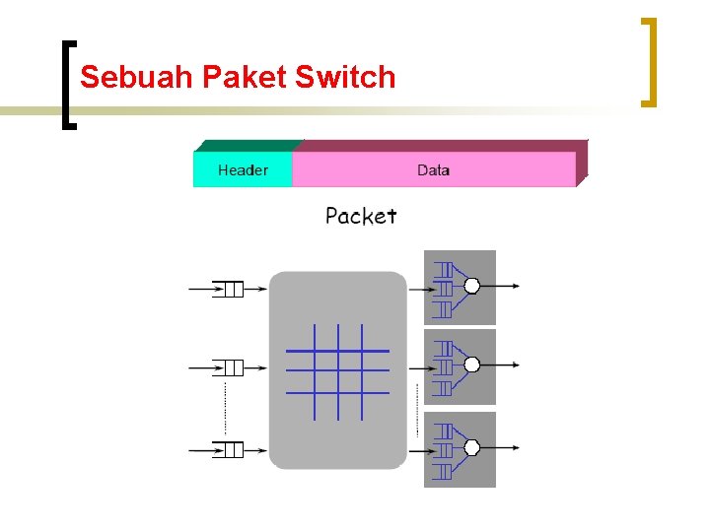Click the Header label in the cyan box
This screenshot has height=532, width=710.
[x=243, y=170]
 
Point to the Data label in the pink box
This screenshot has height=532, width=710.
[x=433, y=170]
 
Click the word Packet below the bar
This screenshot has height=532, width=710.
[x=361, y=216]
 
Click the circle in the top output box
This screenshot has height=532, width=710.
[x=471, y=286]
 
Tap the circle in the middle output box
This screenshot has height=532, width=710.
[x=471, y=365]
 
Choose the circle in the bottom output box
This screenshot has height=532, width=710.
[x=471, y=447]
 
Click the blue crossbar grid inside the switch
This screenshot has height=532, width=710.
[x=337, y=371]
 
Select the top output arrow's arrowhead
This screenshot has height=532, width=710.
[x=514, y=286]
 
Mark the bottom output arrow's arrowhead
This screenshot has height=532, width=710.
[x=514, y=447]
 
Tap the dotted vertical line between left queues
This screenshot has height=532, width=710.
[x=226, y=409]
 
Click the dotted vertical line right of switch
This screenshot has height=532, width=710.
[x=417, y=409]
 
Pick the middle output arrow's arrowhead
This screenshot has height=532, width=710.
[x=514, y=365]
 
